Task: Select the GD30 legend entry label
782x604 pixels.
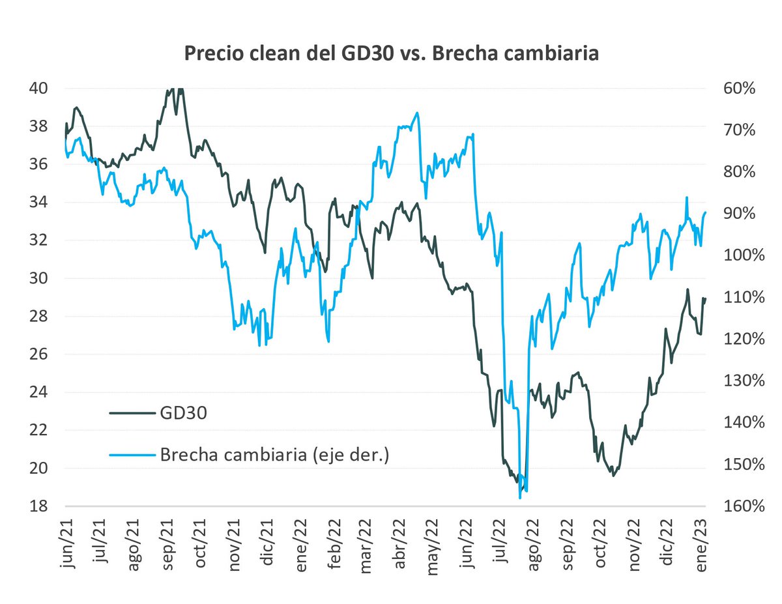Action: click(x=184, y=412)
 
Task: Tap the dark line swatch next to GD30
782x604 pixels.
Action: click(x=132, y=412)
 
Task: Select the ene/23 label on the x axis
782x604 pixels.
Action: click(x=702, y=547)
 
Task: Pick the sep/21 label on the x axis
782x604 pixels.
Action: click(x=167, y=547)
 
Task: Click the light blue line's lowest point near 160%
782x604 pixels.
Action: click(x=520, y=498)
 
